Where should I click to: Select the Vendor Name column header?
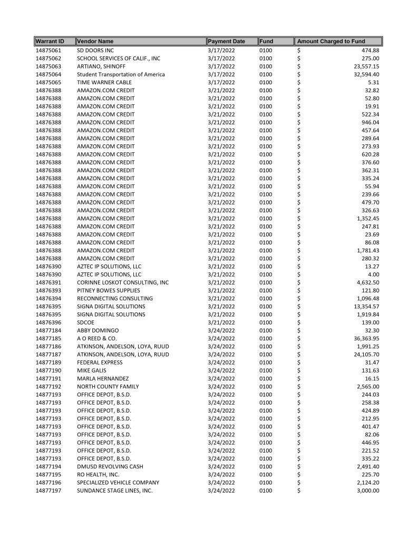pos(95,41)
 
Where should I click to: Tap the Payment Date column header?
pos(227,41)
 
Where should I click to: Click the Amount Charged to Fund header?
pos(331,41)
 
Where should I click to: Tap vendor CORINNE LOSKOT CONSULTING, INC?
pos(123,282)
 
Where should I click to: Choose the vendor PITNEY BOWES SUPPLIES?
pos(109,290)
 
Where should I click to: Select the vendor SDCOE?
pos(86,322)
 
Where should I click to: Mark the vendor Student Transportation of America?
pos(121,74)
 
